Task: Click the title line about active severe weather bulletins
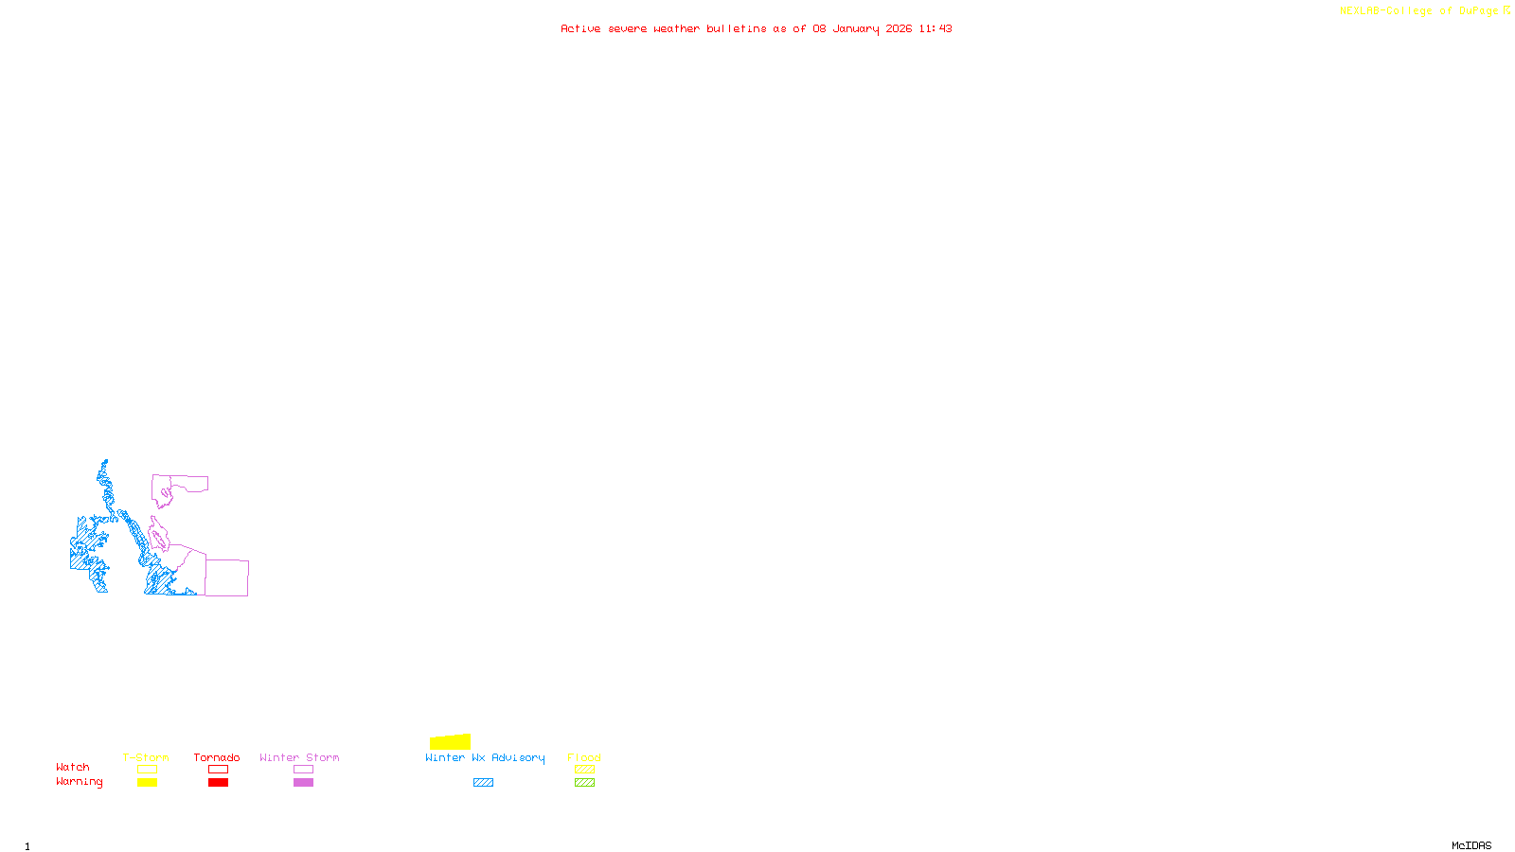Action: tap(756, 28)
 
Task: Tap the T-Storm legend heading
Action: tap(146, 757)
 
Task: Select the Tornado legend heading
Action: tap(217, 757)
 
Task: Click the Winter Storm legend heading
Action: tap(299, 757)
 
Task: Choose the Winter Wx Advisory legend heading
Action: tap(485, 757)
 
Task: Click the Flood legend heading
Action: tap(584, 757)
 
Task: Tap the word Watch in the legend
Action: tap(73, 767)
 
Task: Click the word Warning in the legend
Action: tap(79, 782)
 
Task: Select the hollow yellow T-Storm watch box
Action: tap(147, 770)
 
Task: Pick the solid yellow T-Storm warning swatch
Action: tap(147, 783)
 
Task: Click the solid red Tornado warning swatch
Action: tap(218, 783)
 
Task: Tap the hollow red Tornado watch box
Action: tap(218, 770)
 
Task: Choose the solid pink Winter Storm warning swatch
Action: tap(303, 783)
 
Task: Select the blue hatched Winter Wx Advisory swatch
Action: tap(483, 783)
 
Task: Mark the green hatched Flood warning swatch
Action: tap(584, 783)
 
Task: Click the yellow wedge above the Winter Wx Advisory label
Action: tap(452, 742)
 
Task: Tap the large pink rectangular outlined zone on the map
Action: tap(227, 577)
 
